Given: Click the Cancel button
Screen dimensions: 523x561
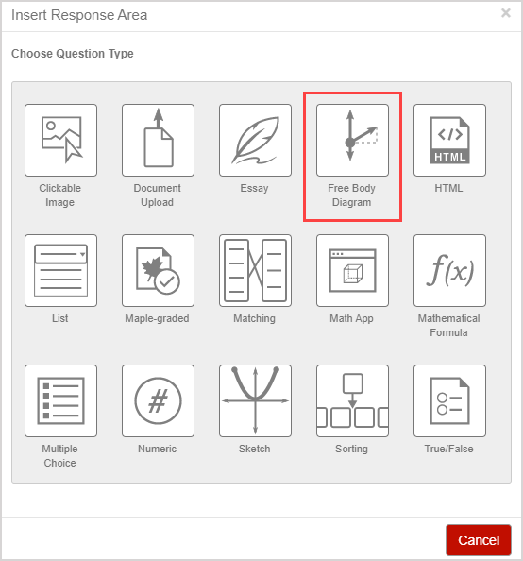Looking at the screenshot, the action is (x=479, y=540).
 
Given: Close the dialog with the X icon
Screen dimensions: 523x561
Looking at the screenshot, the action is (x=506, y=13).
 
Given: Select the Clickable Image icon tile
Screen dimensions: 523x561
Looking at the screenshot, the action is (x=60, y=140).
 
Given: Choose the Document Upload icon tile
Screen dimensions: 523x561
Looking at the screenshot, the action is (x=158, y=140).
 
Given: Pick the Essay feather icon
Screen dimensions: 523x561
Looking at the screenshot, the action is (x=256, y=140).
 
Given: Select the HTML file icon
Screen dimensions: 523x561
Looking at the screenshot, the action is (x=449, y=140).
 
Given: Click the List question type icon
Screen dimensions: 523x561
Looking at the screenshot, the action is (x=60, y=270).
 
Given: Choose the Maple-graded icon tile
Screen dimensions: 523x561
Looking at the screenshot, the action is (x=158, y=270).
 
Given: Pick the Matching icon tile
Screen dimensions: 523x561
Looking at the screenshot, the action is (x=256, y=270).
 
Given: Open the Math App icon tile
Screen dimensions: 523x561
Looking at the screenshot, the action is (x=352, y=270).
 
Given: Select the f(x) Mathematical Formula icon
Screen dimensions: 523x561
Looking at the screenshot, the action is (x=449, y=270).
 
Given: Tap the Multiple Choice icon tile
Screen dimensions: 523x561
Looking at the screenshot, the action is (x=60, y=400).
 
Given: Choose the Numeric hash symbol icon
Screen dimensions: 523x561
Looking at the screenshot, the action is (x=158, y=400).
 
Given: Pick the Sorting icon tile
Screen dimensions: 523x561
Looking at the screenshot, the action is (x=352, y=400).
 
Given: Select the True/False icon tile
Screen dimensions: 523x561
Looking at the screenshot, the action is (x=449, y=400).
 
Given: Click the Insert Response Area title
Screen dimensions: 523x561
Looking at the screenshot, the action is (x=79, y=15).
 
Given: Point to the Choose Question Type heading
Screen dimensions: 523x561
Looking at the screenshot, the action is (x=73, y=54).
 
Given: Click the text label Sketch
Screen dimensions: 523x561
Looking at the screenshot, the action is (x=254, y=449).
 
